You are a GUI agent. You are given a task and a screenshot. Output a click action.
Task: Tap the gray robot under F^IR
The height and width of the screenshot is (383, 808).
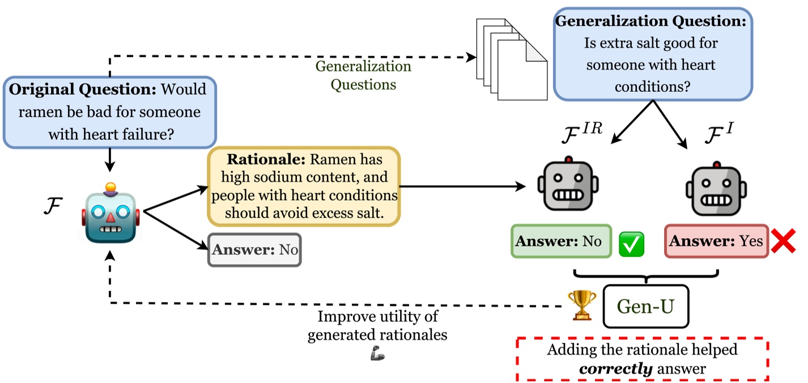[568, 187]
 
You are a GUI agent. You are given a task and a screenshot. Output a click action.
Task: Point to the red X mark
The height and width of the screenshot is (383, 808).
[784, 242]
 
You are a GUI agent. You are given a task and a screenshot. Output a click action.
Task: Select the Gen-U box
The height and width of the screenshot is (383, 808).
[645, 307]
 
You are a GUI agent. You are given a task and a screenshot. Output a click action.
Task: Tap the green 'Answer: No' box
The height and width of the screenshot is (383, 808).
[561, 241]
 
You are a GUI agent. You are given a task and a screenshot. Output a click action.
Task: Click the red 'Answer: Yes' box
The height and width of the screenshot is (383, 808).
[716, 241]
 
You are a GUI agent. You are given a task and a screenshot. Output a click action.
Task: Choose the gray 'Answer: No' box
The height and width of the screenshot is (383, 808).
[254, 249]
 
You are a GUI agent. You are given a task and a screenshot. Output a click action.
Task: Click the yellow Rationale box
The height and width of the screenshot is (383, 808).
[304, 186]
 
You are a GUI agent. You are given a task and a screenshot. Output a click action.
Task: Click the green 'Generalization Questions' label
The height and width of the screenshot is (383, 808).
[363, 75]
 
